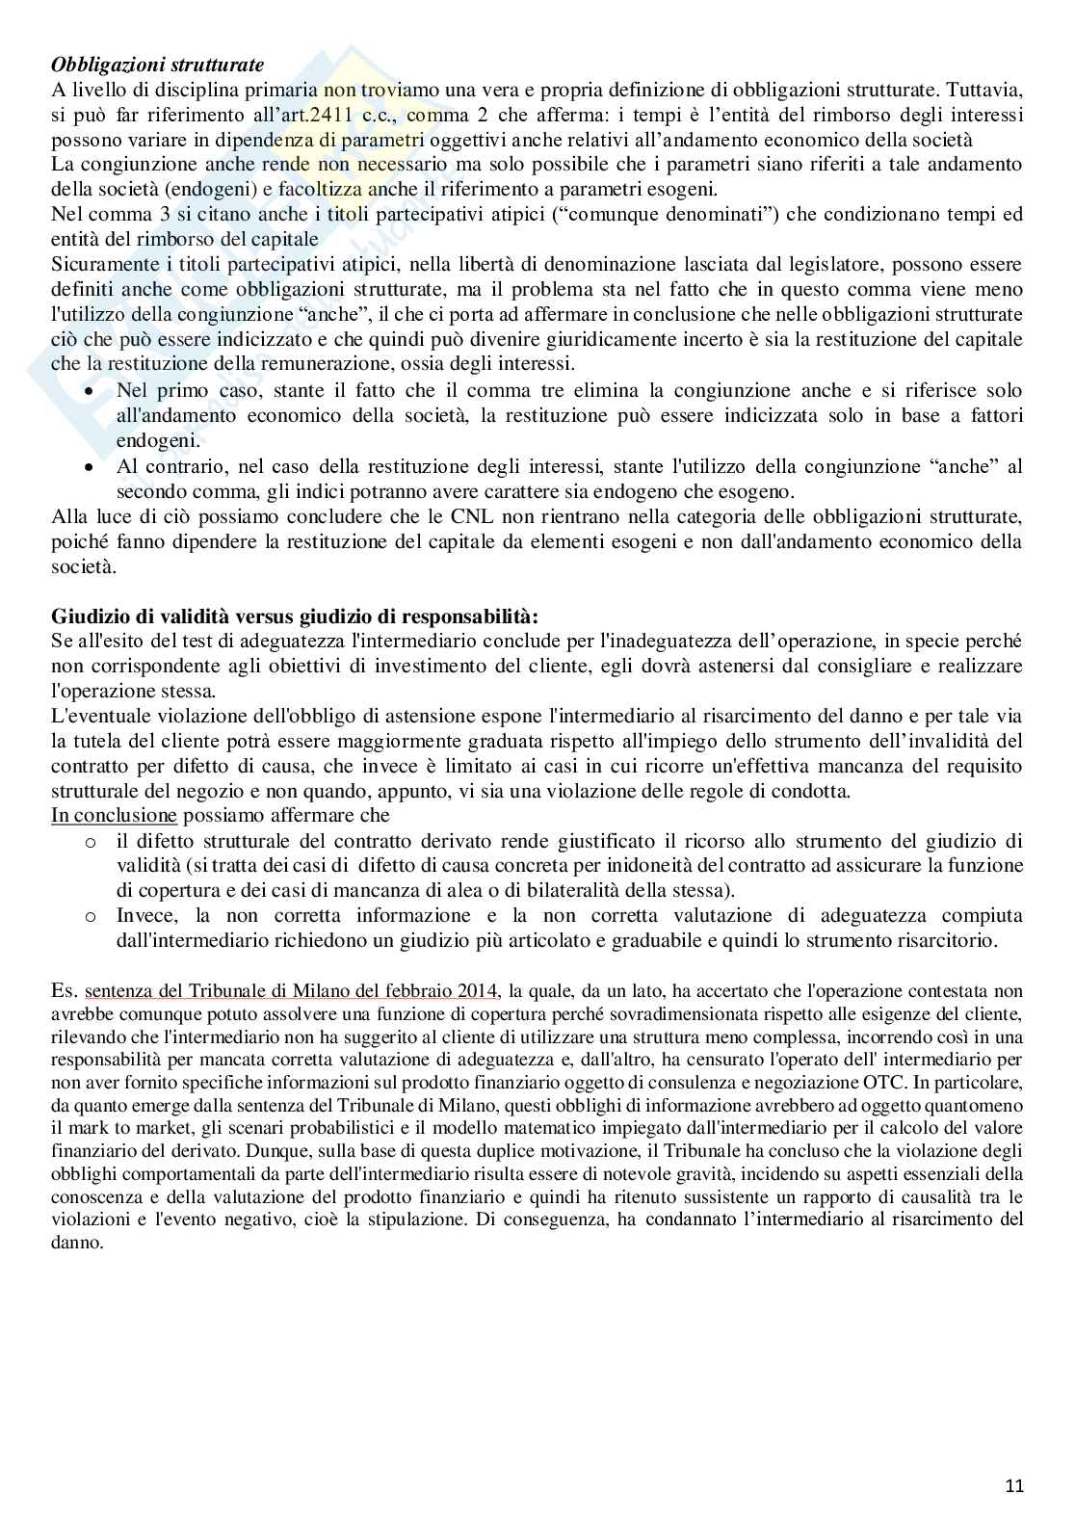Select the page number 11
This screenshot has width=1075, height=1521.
point(1014,1484)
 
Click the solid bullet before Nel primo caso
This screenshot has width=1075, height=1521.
point(90,392)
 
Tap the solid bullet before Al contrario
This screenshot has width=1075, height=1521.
point(90,467)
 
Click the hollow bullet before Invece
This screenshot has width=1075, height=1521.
point(90,916)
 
